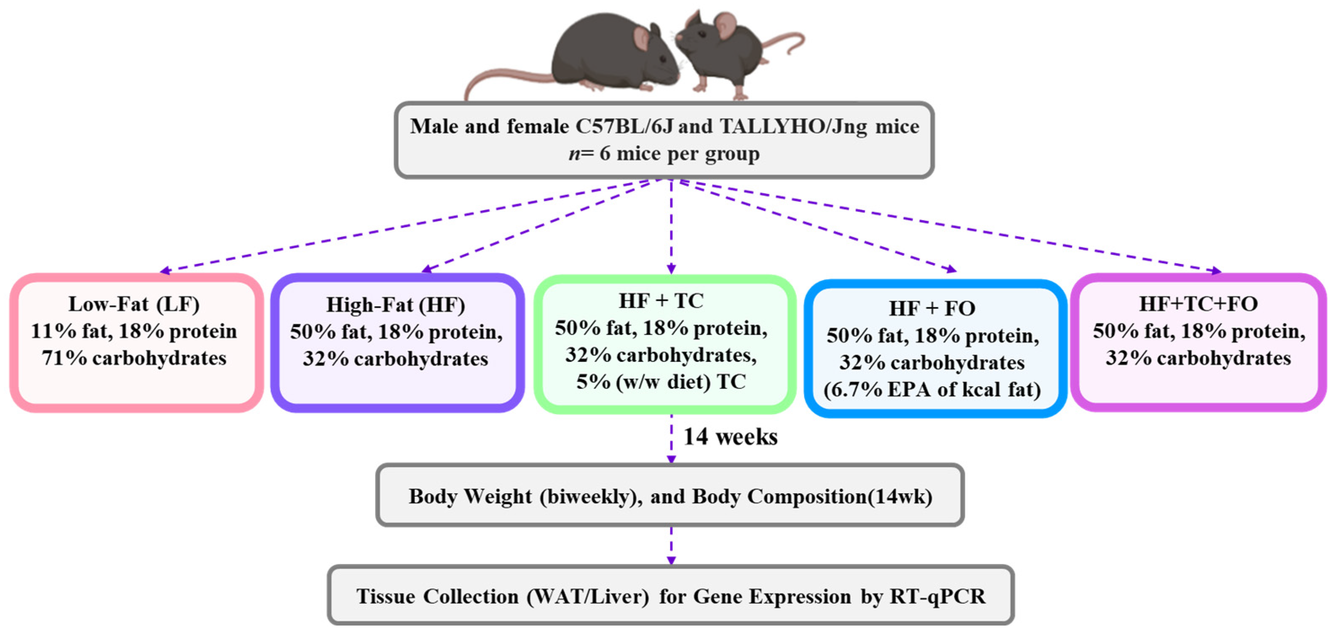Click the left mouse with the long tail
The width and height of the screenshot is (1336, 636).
612,57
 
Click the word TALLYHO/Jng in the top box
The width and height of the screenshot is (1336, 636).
793,126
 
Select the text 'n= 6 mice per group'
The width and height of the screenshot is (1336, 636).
664,154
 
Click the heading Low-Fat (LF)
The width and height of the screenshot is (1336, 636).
134,304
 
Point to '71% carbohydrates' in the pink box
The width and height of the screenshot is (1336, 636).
134,358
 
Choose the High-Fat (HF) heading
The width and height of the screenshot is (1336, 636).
395,305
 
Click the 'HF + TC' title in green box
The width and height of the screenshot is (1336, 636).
661,301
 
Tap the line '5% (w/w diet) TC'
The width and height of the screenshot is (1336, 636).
661,382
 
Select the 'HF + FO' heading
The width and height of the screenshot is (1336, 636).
932,308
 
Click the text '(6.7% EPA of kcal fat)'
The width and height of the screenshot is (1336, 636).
932,389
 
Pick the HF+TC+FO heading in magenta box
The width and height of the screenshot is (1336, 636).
1198,304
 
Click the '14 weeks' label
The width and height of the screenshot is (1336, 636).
730,437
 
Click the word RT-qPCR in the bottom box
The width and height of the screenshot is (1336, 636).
938,596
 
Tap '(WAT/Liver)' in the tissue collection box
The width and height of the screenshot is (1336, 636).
588,596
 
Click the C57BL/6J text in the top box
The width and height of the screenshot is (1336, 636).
624,126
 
